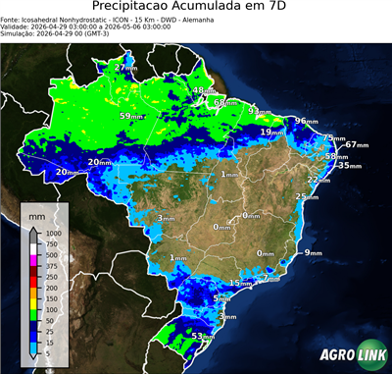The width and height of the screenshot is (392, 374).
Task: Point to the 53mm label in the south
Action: (x=201, y=336)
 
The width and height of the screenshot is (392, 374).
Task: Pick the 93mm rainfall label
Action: (x=258, y=111)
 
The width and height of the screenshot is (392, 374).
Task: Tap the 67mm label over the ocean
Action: (x=356, y=145)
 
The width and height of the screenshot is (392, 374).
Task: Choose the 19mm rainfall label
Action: (x=271, y=133)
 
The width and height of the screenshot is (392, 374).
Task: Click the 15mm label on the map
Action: (x=239, y=284)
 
